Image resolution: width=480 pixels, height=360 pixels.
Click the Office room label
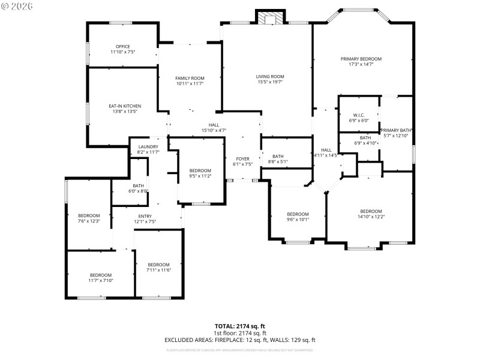[x=122, y=47]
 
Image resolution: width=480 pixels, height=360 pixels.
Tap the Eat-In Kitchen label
[x=124, y=106]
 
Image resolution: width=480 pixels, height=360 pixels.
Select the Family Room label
[x=190, y=79]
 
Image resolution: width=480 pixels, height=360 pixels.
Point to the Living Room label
[x=269, y=77]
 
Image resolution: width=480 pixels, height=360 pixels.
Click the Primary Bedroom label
[x=361, y=59]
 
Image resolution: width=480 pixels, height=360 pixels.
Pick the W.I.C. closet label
[x=359, y=115]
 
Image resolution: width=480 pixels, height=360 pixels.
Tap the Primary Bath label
[x=395, y=130]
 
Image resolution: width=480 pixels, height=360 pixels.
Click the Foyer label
[x=242, y=158]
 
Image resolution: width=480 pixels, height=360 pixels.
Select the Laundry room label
[x=148, y=147]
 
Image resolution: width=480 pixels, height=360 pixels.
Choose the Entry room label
[x=145, y=217]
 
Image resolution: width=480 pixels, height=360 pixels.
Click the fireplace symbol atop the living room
[x=270, y=18]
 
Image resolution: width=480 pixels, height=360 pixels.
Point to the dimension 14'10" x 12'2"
[x=371, y=217]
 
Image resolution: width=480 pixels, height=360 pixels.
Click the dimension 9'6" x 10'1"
[x=298, y=220]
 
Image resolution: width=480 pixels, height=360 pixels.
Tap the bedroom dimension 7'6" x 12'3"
[x=89, y=221]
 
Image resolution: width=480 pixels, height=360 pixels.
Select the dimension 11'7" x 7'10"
[x=101, y=280]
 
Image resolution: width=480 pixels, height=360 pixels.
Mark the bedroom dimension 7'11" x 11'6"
[x=158, y=270]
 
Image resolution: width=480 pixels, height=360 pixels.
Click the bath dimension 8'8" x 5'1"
[x=277, y=162]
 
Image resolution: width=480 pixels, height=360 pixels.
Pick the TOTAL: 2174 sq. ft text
[x=239, y=326]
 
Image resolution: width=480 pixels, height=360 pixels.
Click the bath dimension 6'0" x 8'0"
[x=138, y=191]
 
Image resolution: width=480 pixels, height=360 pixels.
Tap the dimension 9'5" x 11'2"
[x=200, y=176]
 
